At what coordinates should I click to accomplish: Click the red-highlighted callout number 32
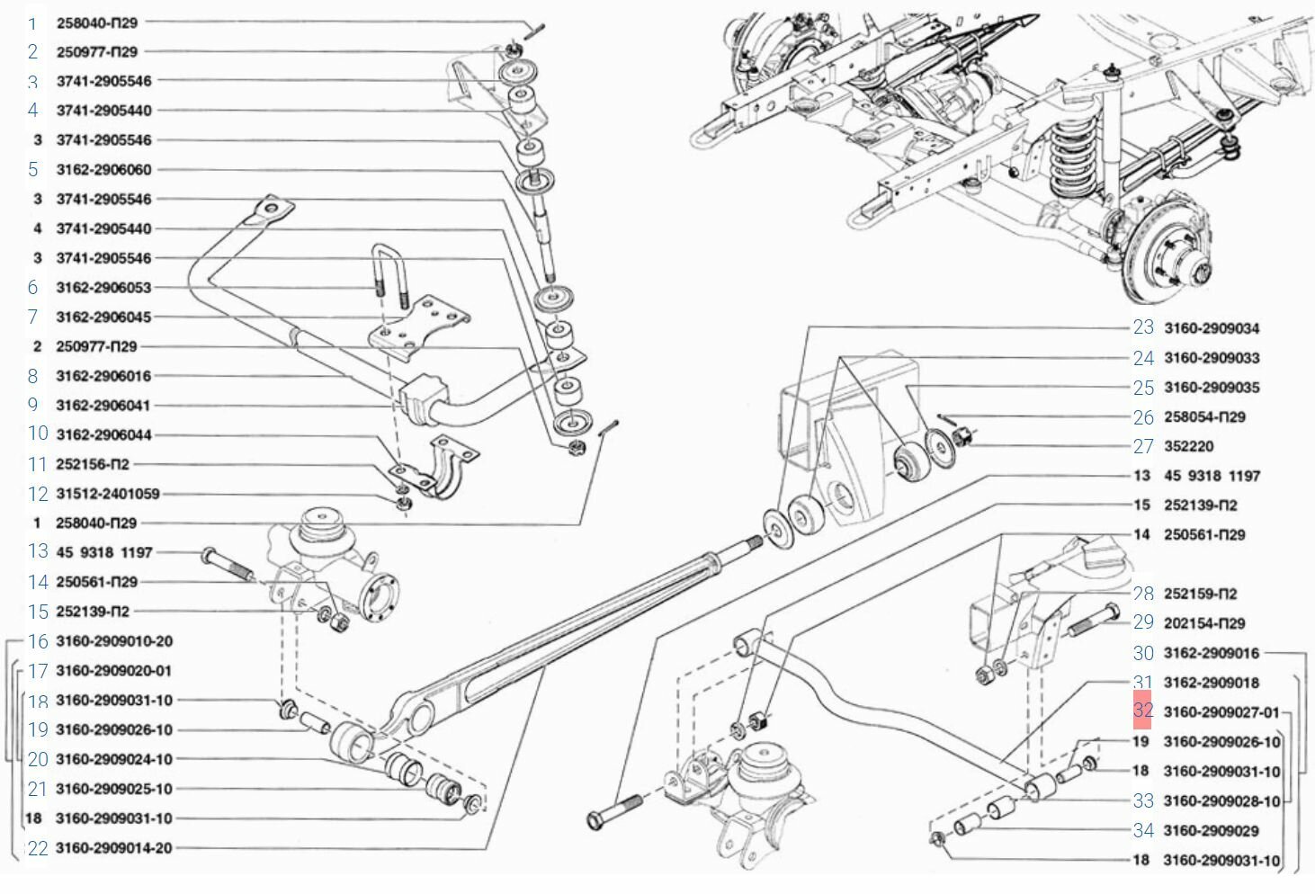[x=1142, y=711]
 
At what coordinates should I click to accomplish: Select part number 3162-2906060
[x=103, y=169]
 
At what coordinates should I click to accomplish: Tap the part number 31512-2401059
[x=107, y=494]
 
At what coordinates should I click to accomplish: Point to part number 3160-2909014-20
[x=113, y=848]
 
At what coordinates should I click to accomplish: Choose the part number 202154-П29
[x=1204, y=623]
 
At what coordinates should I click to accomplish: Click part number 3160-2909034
[x=1211, y=328]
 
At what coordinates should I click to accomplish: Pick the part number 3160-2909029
[x=1211, y=830]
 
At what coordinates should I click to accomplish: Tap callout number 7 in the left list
[x=33, y=317]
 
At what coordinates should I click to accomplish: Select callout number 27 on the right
[x=1142, y=446]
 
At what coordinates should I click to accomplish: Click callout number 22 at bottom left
[x=38, y=848]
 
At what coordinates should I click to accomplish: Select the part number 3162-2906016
[x=103, y=376]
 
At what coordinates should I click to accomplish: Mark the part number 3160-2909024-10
[x=113, y=759]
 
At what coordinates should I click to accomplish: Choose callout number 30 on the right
[x=1142, y=653]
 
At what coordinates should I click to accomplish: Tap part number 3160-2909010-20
[x=113, y=641]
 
